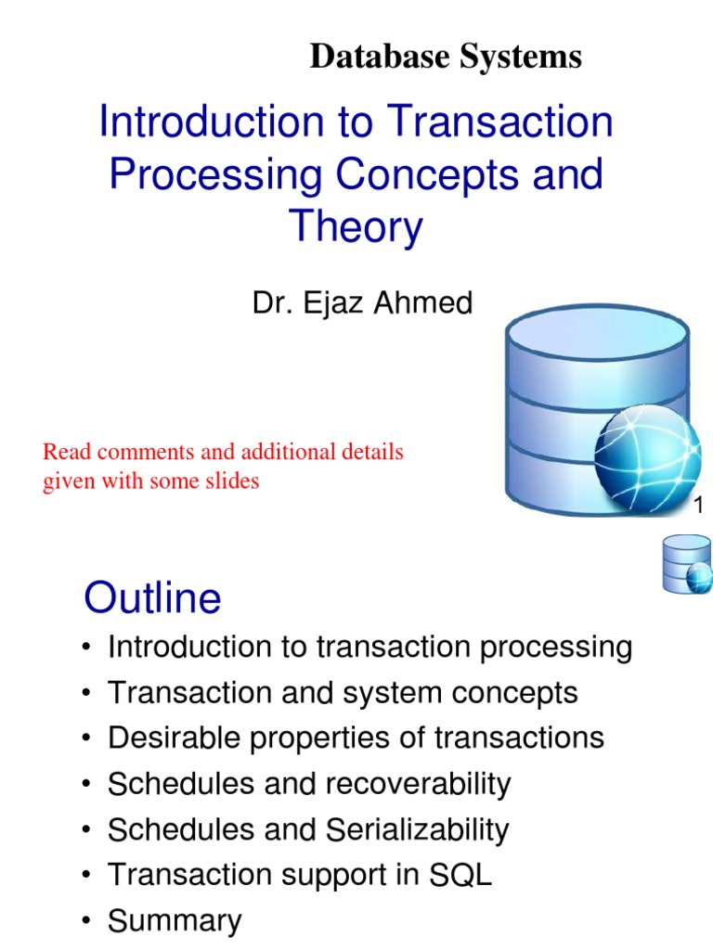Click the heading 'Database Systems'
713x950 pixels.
(x=446, y=57)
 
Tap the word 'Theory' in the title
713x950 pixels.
(x=356, y=227)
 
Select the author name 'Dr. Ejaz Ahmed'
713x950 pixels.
(x=362, y=303)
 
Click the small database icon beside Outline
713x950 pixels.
(x=686, y=564)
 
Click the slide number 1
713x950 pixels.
(x=700, y=506)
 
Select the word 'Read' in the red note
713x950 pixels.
(x=67, y=453)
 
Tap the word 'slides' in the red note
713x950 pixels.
(x=229, y=481)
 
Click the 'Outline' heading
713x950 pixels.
(x=152, y=598)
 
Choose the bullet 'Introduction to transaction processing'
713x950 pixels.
(x=369, y=647)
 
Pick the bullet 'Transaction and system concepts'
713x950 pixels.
(x=343, y=692)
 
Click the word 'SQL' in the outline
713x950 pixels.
(x=460, y=876)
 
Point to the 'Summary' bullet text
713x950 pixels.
(x=175, y=921)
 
